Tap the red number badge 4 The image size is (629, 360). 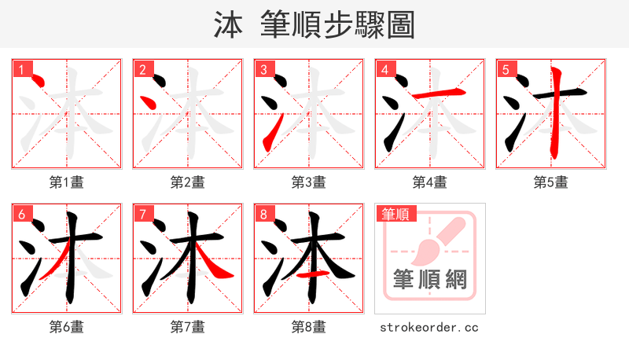384,70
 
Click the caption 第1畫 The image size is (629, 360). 67,182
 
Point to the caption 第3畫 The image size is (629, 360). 309,182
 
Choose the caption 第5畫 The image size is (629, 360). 551,182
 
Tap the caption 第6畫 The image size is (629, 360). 67,327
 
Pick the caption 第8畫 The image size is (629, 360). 309,327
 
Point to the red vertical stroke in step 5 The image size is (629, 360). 556,114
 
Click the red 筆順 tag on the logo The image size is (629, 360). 398,214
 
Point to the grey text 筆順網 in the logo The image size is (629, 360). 430,280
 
